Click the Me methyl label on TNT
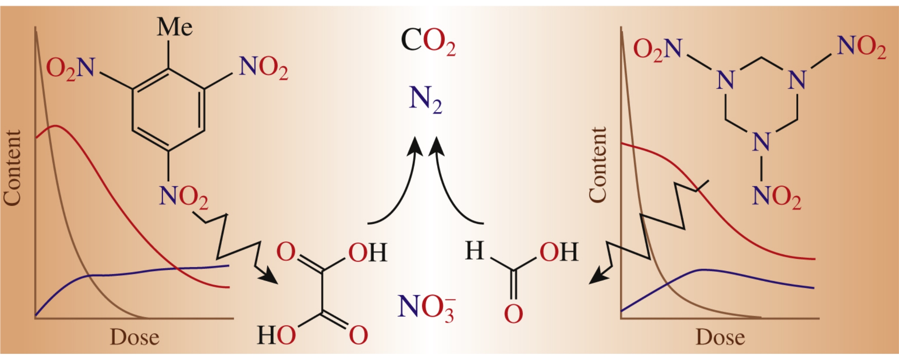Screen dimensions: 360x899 tap(175, 28)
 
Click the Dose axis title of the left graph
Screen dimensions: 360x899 tap(135, 338)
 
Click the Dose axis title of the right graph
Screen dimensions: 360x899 tap(720, 338)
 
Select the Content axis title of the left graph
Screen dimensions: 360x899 tap(12, 168)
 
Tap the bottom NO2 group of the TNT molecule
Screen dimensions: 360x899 tap(184, 196)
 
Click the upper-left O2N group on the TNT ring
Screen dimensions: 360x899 tap(70, 68)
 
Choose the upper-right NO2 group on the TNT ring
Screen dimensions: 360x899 tap(264, 67)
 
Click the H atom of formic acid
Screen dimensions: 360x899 tap(474, 251)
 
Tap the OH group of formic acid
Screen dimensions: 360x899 tap(559, 252)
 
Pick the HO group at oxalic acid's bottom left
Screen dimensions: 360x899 tap(276, 336)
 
